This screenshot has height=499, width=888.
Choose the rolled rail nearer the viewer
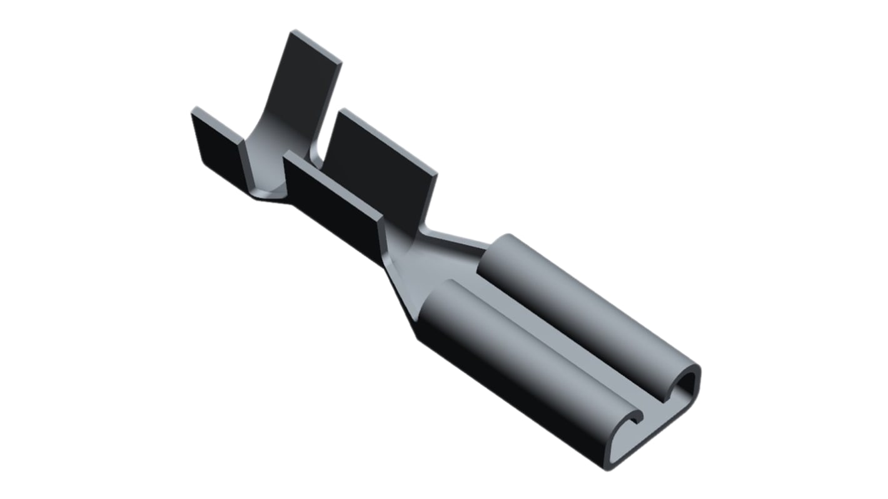pyautogui.click(x=519, y=350)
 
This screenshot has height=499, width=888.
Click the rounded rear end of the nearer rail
pyautogui.click(x=438, y=300)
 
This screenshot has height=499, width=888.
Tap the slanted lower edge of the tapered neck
pyautogui.click(x=400, y=300)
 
